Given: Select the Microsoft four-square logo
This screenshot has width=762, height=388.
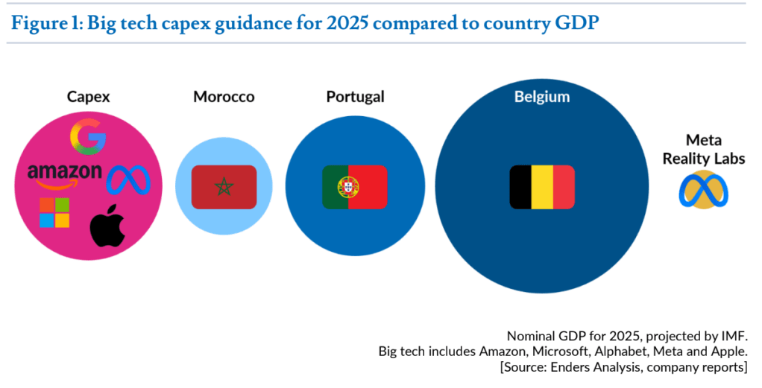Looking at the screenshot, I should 54,213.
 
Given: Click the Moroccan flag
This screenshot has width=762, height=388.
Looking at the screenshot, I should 224,187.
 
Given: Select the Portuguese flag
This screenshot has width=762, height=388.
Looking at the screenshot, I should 354,187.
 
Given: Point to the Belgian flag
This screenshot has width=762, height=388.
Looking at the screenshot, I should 542,187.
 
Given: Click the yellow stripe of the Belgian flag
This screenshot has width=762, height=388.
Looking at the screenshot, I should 542,187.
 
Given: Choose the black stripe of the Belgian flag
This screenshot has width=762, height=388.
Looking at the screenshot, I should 520,187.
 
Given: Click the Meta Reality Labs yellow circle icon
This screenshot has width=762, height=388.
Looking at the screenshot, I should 703,190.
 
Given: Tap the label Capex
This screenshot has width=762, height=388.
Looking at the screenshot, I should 89,97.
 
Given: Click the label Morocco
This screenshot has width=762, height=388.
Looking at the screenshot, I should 224,97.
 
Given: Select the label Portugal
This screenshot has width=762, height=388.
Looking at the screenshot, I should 355,97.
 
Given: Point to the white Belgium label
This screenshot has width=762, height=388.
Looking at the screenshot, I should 542,97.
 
